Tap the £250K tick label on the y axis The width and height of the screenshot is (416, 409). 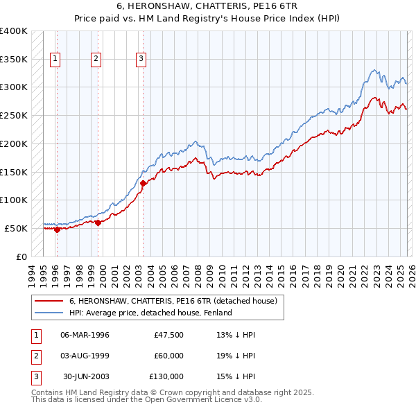pos(14,115)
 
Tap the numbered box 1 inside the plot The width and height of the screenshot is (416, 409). pos(55,60)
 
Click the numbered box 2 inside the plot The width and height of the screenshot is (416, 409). pos(96,60)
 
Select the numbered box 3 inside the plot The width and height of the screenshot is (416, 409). pos(141,60)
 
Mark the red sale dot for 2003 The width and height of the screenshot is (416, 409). pos(144,183)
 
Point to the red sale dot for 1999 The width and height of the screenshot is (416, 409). pos(98,223)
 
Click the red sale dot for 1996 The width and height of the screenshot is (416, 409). pos(57,229)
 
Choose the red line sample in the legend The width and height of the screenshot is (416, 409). pos(49,301)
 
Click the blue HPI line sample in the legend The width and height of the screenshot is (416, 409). pos(49,313)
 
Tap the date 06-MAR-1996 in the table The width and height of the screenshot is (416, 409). pos(85,335)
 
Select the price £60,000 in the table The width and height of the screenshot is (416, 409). pos(168,356)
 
